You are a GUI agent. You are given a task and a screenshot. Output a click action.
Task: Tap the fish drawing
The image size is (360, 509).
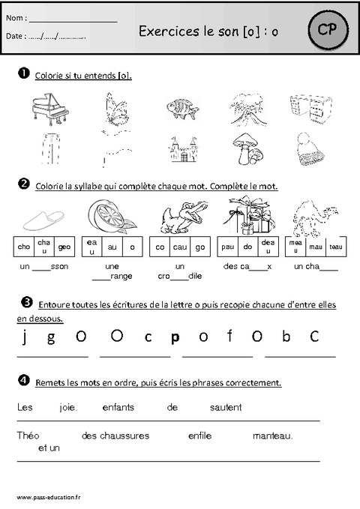click(x=180, y=107)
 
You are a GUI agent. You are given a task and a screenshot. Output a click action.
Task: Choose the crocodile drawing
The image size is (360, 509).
click(x=179, y=217)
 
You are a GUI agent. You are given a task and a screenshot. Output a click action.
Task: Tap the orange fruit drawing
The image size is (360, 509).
click(x=109, y=217)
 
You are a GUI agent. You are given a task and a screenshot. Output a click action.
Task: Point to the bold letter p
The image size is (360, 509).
click(x=175, y=337)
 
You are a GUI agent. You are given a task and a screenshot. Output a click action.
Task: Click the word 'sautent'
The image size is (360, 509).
click(x=226, y=408)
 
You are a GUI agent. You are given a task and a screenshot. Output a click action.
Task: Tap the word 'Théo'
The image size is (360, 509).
click(x=25, y=436)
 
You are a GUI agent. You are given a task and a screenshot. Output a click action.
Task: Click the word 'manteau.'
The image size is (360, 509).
click(x=273, y=436)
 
